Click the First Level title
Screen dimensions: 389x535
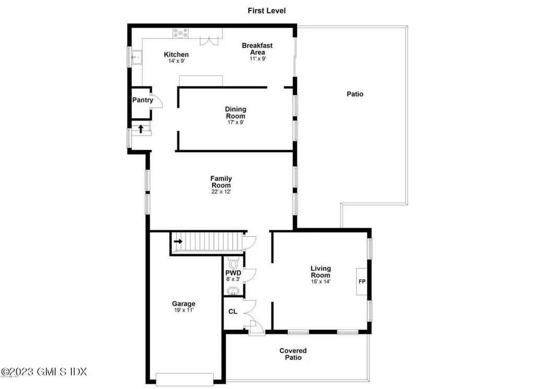267,10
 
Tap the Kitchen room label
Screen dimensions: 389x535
176,54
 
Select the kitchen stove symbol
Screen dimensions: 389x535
181,33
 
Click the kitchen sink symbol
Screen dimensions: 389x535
137,55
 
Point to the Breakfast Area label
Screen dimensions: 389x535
257,49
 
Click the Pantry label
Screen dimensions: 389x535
142,100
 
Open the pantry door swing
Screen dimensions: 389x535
156,101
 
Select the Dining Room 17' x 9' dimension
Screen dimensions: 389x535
235,122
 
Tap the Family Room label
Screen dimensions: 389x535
221,181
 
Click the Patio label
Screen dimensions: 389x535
355,94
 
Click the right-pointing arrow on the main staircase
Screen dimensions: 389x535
179,242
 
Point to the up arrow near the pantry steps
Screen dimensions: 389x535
140,128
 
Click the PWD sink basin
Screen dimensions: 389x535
232,291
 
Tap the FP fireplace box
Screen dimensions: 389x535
362,281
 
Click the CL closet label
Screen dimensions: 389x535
233,312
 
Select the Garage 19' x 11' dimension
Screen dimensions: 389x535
183,310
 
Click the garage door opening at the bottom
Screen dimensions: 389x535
184,379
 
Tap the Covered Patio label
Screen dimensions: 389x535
293,354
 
